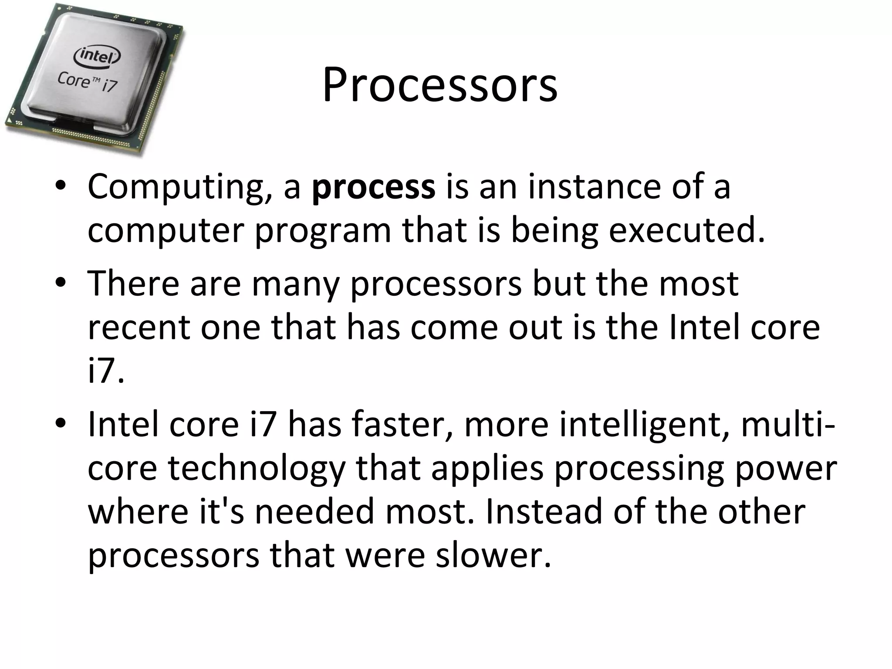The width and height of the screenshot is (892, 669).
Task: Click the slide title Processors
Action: tap(440, 85)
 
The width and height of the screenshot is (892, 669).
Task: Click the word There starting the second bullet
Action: tap(133, 284)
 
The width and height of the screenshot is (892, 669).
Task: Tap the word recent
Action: tap(139, 328)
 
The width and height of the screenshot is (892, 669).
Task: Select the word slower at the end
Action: tap(493, 556)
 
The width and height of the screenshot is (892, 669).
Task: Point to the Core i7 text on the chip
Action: tap(87, 82)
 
